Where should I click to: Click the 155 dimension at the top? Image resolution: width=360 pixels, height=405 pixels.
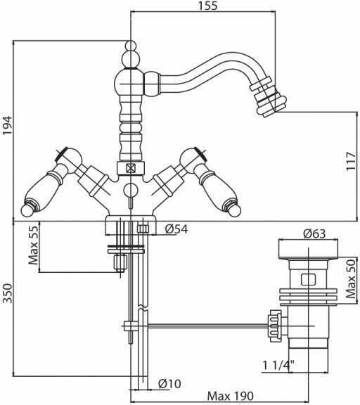(x=208, y=6)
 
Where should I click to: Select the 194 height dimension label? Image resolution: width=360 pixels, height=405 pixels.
(x=7, y=125)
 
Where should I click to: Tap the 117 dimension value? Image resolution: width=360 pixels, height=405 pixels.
(x=352, y=161)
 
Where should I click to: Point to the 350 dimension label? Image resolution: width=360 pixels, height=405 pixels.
(x=7, y=293)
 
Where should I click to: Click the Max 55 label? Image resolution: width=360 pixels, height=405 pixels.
(x=33, y=243)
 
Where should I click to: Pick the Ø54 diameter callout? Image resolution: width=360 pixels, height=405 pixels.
(x=176, y=229)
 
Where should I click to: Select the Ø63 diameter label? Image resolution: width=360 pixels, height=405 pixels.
(x=314, y=233)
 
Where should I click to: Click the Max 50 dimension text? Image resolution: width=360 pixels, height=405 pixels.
(x=352, y=278)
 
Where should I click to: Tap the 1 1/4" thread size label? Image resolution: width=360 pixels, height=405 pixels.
(x=278, y=365)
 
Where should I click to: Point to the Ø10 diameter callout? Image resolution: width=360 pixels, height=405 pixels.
(x=169, y=384)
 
